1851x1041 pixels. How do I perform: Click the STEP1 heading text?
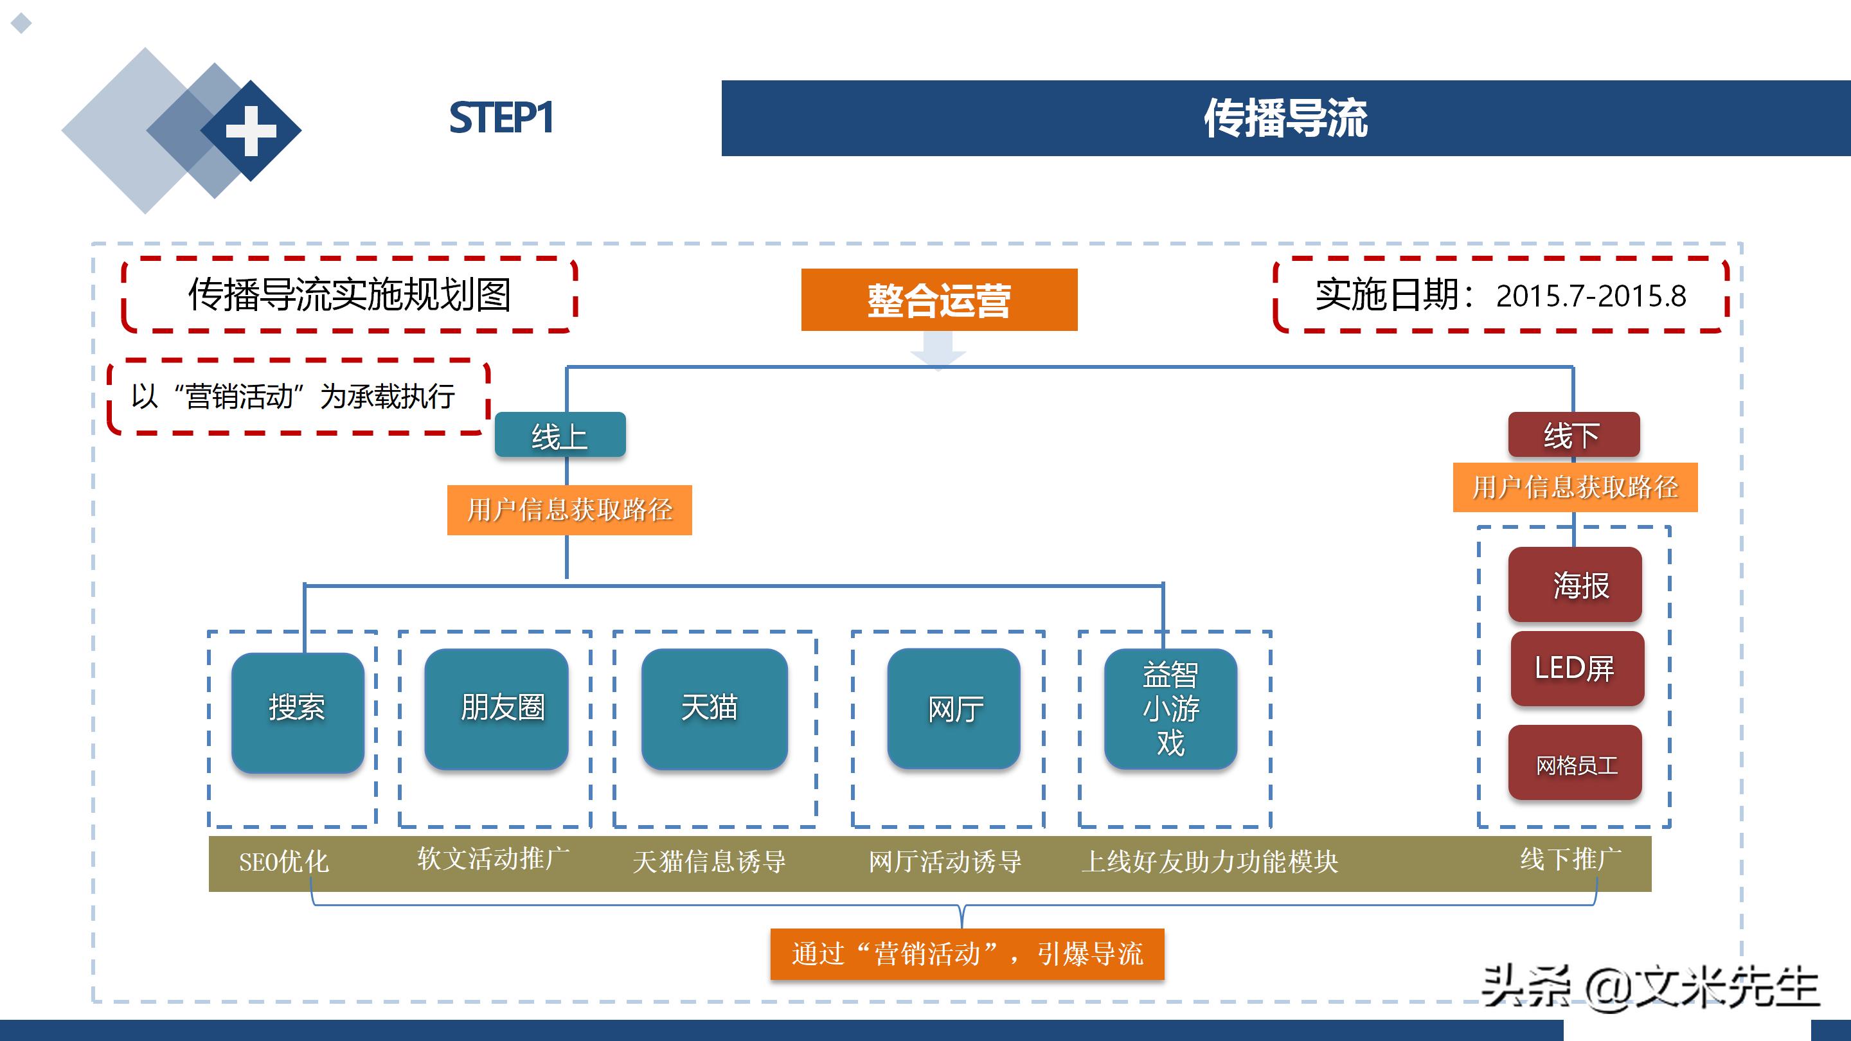click(501, 118)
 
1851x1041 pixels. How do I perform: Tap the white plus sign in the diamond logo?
click(251, 130)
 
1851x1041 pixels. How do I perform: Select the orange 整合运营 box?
click(938, 299)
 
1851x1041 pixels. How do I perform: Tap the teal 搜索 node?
click(298, 712)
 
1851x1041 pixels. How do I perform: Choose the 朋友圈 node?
click(497, 708)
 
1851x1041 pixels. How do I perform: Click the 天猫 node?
click(713, 708)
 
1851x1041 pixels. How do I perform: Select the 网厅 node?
click(954, 709)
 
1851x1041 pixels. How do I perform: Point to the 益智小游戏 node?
click(1170, 709)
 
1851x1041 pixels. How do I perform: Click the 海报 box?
click(1575, 585)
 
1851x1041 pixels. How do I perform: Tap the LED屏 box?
click(1577, 669)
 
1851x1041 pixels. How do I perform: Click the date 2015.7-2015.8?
click(1590, 296)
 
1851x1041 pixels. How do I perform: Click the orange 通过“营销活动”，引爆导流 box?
click(967, 954)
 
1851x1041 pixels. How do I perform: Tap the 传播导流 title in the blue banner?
click(1285, 118)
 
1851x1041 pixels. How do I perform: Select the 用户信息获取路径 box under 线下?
click(1575, 487)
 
